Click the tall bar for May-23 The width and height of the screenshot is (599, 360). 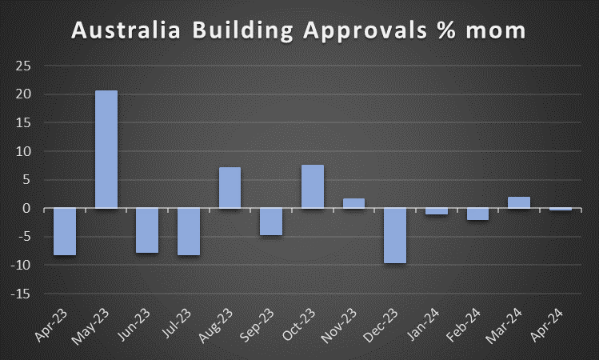pyautogui.click(x=106, y=150)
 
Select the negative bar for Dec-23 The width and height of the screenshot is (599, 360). pyautogui.click(x=395, y=236)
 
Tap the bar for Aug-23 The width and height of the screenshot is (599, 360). pyautogui.click(x=230, y=188)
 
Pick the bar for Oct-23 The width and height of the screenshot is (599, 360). pyautogui.click(x=313, y=186)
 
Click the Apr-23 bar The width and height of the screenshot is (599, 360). pyautogui.click(x=65, y=232)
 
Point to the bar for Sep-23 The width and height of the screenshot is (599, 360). pyautogui.click(x=271, y=222)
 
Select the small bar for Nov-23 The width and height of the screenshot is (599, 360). pyautogui.click(x=353, y=203)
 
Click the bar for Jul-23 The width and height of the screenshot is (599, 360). pyautogui.click(x=189, y=232)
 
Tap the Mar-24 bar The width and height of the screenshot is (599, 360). pyautogui.click(x=519, y=202)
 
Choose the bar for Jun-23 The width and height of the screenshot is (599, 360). pyautogui.click(x=147, y=230)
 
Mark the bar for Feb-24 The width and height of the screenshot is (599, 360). pyautogui.click(x=477, y=214)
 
